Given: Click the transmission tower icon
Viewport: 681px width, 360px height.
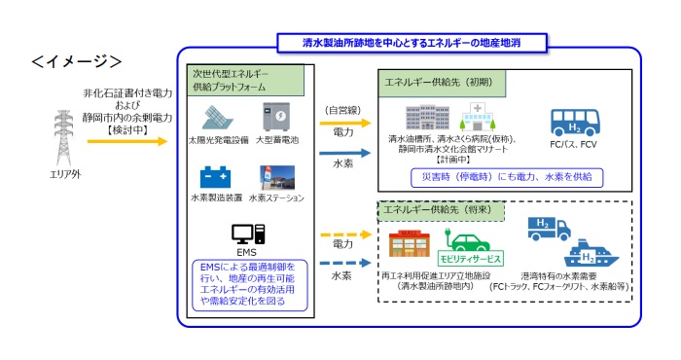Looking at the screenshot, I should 61,138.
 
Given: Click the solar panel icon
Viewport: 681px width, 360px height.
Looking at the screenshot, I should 219,119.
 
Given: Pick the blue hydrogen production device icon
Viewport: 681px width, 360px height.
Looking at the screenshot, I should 216,177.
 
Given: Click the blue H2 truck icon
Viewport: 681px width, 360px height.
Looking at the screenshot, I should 546,228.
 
